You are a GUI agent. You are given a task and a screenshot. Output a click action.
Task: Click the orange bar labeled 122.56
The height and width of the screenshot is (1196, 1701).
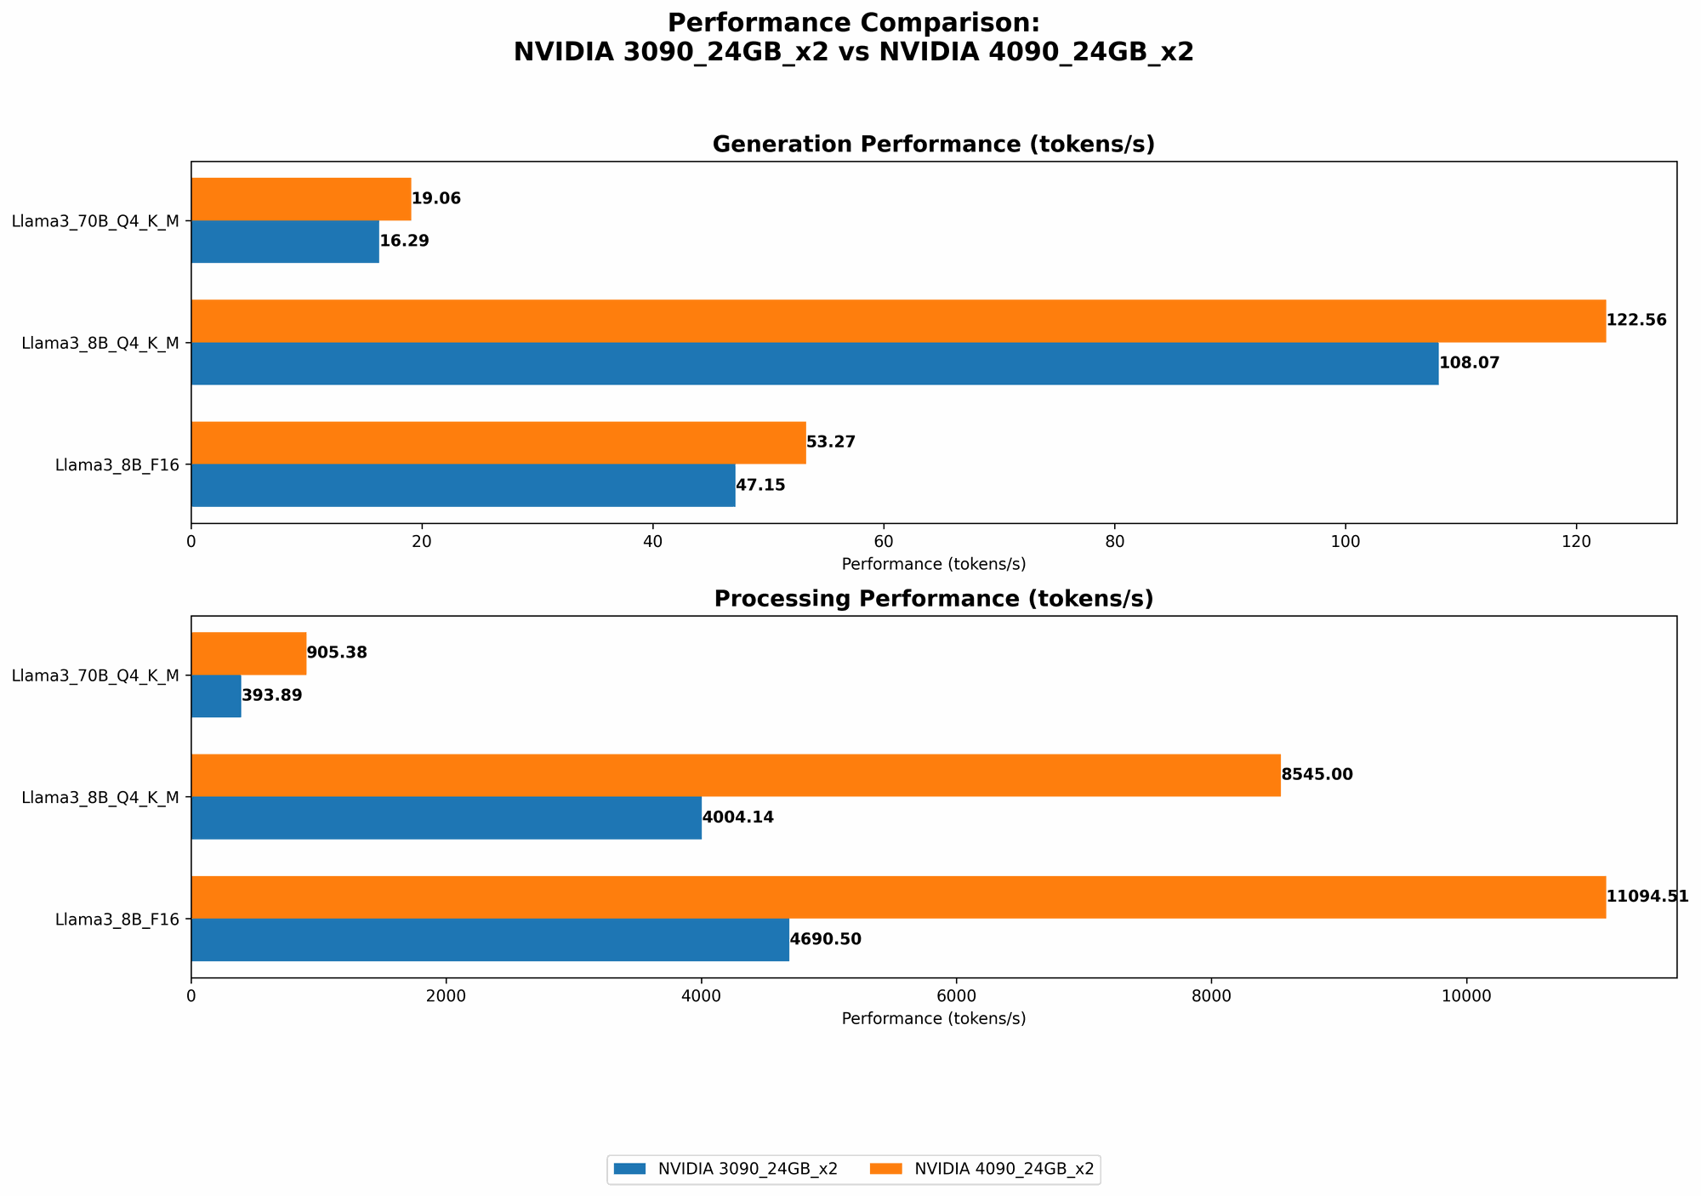pyautogui.click(x=898, y=321)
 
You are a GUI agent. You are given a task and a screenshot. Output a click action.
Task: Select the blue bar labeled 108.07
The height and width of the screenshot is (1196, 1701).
pyautogui.click(x=815, y=363)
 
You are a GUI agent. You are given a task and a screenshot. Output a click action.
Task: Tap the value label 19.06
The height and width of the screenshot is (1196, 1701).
pyautogui.click(x=436, y=199)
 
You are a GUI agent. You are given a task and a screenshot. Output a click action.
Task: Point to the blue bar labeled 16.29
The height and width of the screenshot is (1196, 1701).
pyautogui.click(x=285, y=242)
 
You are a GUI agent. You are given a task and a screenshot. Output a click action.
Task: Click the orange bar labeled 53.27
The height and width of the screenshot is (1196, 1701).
pyautogui.click(x=498, y=442)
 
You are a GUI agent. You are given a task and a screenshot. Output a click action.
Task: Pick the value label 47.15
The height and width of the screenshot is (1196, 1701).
pyautogui.click(x=760, y=486)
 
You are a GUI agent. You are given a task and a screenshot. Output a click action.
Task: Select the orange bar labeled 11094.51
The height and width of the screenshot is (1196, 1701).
pyautogui.click(x=898, y=897)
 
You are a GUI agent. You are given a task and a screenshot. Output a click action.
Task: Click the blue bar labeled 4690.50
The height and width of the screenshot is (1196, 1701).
pyautogui.click(x=490, y=940)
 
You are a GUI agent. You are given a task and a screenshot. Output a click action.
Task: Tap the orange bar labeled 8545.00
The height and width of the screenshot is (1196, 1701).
pyautogui.click(x=736, y=775)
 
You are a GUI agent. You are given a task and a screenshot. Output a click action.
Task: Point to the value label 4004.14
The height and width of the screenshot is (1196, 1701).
pyautogui.click(x=737, y=817)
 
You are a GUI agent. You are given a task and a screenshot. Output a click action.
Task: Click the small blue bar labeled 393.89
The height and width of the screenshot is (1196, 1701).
pyautogui.click(x=216, y=696)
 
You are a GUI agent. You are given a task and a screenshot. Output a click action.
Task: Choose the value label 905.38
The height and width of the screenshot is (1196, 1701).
pyautogui.click(x=337, y=653)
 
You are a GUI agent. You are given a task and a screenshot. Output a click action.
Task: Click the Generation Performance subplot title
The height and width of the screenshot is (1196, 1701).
pyautogui.click(x=933, y=145)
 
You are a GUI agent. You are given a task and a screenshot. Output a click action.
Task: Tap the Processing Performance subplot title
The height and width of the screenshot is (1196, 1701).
pyautogui.click(x=933, y=599)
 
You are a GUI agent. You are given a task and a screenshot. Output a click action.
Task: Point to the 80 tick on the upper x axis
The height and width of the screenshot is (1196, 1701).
pyautogui.click(x=1114, y=540)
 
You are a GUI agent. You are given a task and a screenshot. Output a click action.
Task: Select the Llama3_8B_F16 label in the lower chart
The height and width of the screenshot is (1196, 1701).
pyautogui.click(x=117, y=920)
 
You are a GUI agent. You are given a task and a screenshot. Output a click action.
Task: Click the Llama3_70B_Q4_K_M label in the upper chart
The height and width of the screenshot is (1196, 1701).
pyautogui.click(x=95, y=221)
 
